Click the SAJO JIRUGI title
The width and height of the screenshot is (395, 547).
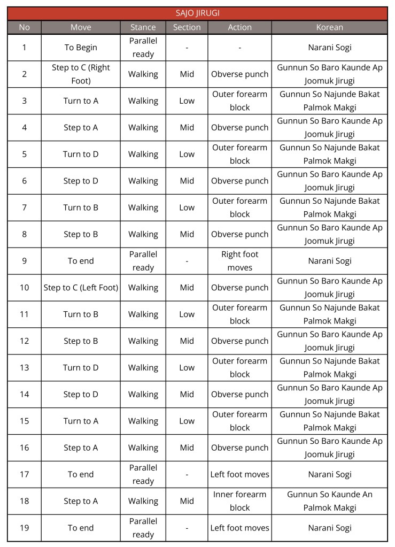point(197,13)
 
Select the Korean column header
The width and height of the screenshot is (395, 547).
point(329,27)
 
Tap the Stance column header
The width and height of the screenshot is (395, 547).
point(143,27)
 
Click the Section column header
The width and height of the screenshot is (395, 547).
point(187,27)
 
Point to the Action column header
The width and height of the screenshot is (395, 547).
point(239,27)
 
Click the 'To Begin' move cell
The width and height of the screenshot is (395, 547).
point(81,48)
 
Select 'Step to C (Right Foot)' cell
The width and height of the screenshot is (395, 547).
point(81,74)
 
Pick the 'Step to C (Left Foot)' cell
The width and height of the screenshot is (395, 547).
point(81,288)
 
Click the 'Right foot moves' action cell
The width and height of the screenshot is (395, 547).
point(239,261)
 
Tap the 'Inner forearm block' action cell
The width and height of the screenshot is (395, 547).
point(239,501)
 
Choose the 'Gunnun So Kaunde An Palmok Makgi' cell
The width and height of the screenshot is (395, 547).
point(329,501)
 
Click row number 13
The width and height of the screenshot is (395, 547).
point(25,368)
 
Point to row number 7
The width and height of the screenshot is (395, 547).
point(25,207)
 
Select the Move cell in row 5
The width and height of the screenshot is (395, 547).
point(81,155)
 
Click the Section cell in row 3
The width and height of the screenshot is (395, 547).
point(187,101)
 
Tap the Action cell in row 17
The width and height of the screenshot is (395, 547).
point(239,474)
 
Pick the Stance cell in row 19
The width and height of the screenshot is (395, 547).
point(143,528)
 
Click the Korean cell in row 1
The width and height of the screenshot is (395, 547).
point(329,48)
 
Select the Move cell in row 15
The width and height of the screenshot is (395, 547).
point(81,421)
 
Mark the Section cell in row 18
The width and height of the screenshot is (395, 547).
point(187,501)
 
